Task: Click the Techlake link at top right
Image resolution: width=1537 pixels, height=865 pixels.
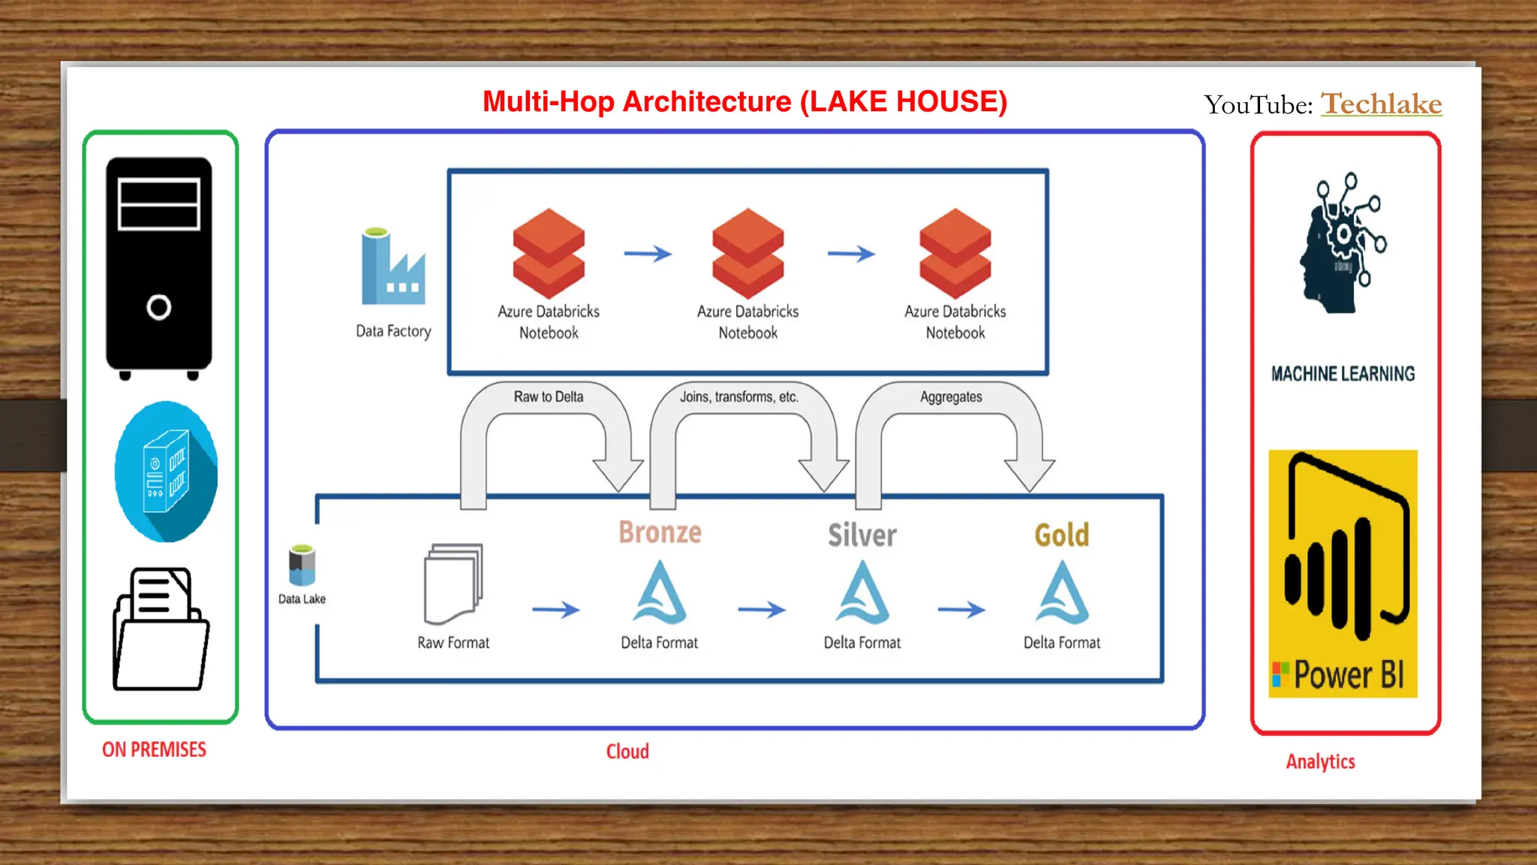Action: coord(1381,104)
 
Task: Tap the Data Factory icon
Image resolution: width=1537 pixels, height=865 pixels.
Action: coord(393,267)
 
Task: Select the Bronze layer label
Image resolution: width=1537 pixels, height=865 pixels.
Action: coord(660,532)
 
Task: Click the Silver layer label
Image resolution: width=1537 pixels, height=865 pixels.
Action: coord(862,535)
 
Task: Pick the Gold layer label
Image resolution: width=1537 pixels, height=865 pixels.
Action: coord(1061,535)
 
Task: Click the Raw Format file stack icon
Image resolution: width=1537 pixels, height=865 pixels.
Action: coord(453,584)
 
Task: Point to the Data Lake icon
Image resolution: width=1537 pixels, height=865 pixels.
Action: coord(302,565)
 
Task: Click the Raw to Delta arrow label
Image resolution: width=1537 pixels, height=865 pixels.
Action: coord(548,396)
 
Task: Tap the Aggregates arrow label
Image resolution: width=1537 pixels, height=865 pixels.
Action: coord(951,396)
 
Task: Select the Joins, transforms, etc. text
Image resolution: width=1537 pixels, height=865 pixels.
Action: coord(738,396)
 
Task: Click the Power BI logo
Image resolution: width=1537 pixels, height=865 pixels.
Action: coord(1343,574)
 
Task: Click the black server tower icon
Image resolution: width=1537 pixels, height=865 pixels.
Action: coord(159,267)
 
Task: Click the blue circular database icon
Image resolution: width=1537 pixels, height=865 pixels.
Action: coord(166,472)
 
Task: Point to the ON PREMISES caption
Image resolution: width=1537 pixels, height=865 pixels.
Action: coord(154,749)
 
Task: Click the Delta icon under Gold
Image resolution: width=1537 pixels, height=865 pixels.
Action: coord(1061,593)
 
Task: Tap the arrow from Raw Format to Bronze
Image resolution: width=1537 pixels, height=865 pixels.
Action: coord(555,610)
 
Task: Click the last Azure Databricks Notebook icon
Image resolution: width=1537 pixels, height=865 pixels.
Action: coord(955,253)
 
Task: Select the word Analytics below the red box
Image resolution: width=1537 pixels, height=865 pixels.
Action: coord(1320,761)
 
